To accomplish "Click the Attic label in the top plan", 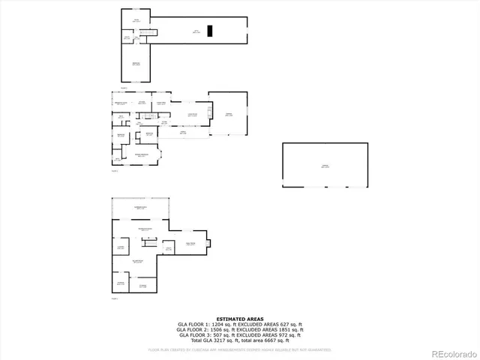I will pos(196,31).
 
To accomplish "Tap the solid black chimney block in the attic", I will pos(211,31).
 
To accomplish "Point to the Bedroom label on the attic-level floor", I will pos(136,63).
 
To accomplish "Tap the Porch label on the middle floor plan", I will pos(182,130).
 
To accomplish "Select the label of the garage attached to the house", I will pos(229,114).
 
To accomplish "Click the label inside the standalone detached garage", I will pos(325,166).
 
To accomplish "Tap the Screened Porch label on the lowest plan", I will pos(140,207).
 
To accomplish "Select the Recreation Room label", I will pos(144,229).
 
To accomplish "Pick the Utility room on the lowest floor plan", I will pos(169,248).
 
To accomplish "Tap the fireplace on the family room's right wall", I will pos(209,242).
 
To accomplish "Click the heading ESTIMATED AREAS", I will pos(239,319).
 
